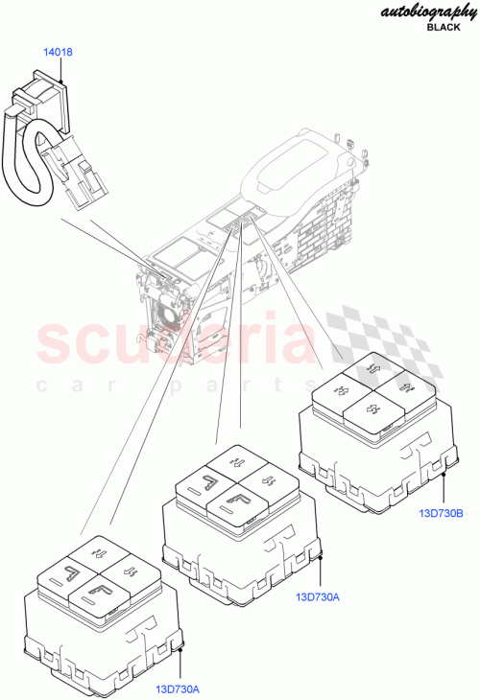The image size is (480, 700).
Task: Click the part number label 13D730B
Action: (x=441, y=513)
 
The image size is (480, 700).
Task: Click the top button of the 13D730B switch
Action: (x=373, y=368)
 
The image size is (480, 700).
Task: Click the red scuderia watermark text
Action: (x=173, y=345)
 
